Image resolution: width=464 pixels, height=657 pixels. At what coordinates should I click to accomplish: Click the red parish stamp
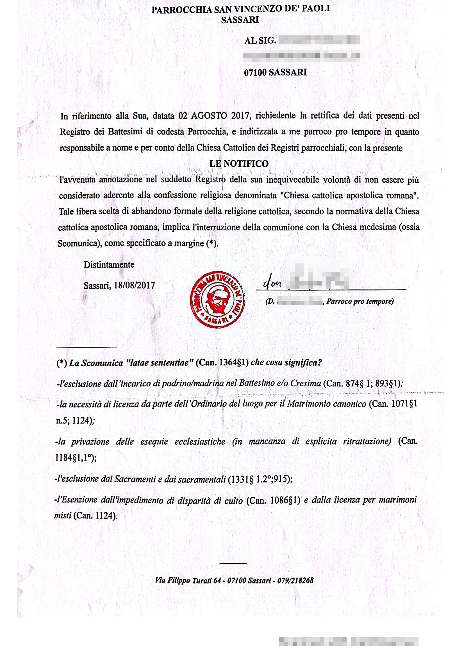coord(217,300)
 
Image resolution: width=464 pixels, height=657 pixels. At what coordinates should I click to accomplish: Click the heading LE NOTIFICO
coord(239,164)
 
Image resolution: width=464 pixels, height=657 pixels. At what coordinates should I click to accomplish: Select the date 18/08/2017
coord(134,285)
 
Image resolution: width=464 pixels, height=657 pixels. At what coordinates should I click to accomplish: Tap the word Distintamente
coord(109,265)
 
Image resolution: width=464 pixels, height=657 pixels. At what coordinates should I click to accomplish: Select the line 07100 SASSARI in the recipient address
coord(275,73)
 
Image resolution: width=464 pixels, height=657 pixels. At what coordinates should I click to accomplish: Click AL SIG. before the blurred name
coord(260,41)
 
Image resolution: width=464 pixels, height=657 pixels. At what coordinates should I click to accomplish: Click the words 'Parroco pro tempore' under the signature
coord(360,301)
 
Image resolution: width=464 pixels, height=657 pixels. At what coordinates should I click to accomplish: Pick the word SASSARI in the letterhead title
coord(240,20)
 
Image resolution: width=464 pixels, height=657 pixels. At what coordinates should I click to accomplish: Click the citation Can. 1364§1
coord(222,363)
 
